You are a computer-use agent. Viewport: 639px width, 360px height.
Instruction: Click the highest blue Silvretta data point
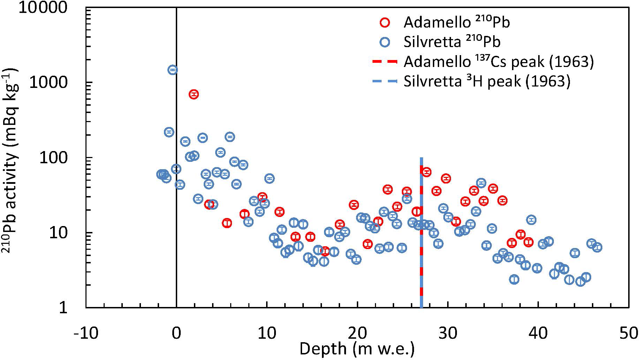[x=173, y=70]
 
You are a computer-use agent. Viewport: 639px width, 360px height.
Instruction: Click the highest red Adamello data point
[x=194, y=94]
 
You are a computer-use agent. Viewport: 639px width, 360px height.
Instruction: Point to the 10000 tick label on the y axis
[x=43, y=8]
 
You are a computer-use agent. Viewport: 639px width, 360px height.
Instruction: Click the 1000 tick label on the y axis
[x=48, y=83]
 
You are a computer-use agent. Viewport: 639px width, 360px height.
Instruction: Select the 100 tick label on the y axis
[x=53, y=158]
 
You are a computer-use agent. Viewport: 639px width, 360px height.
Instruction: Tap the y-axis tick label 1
[x=63, y=308]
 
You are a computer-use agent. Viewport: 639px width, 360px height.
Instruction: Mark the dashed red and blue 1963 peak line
[x=421, y=244]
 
